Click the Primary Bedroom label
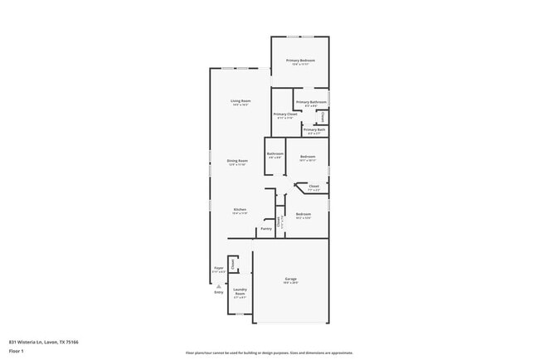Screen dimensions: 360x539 301,61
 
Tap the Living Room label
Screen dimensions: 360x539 240,101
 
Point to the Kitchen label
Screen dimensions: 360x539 240,209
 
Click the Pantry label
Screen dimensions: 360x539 266,228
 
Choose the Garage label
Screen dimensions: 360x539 290,280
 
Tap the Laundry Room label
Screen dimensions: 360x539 240,292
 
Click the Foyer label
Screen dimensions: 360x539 219,268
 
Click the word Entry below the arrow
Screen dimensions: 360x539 219,292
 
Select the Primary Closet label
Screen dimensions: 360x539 285,114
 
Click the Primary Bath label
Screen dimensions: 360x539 314,129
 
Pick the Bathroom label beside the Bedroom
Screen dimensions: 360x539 275,154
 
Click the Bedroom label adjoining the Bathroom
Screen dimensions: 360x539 308,156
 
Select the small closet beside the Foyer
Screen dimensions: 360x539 233,265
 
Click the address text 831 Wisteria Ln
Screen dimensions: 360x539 42,341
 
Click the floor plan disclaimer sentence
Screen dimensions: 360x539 269,352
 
